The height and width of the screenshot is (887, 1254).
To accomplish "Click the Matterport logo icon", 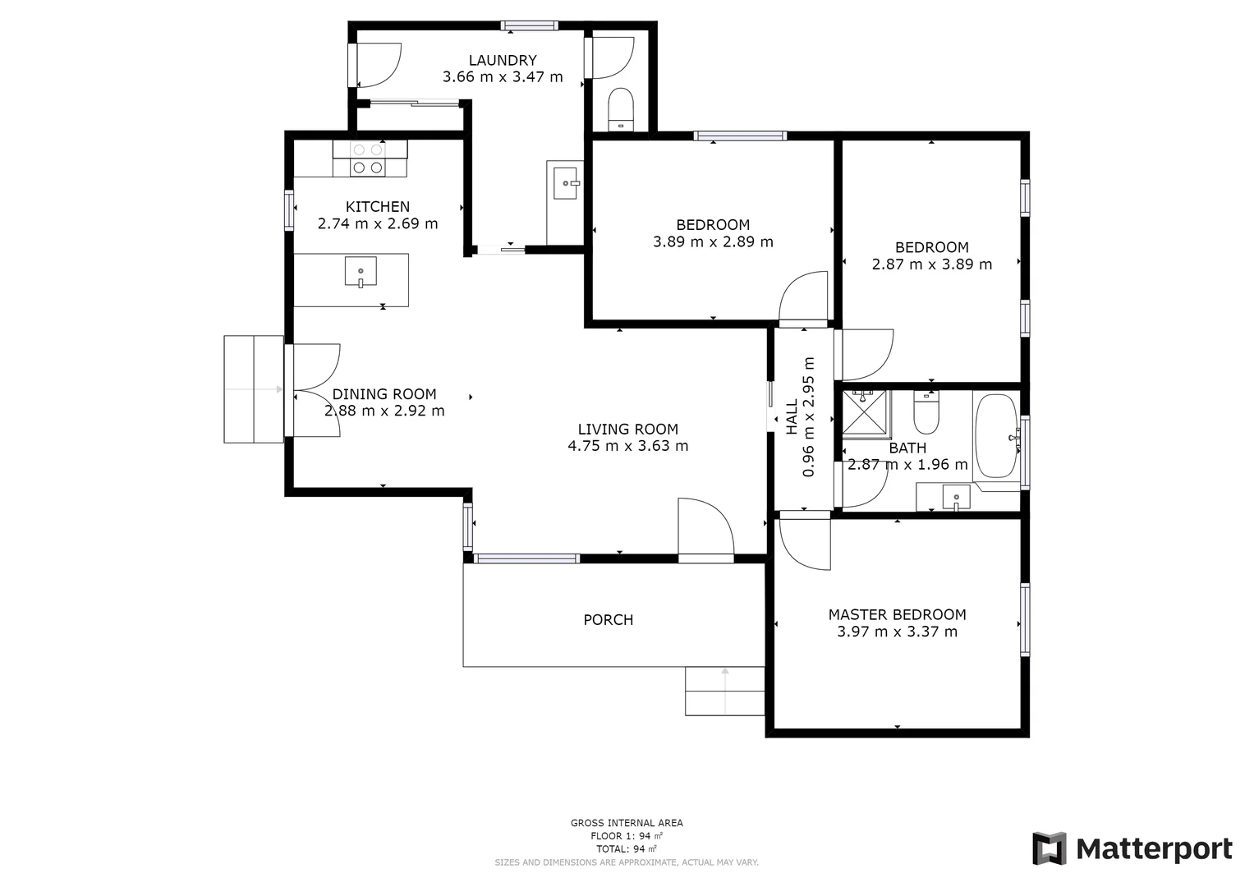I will point(1049,848).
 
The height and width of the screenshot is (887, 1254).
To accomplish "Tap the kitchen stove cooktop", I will point(367,159).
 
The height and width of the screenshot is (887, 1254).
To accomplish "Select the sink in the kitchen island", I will point(361,271).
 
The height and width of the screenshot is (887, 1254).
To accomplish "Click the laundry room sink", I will point(566,183).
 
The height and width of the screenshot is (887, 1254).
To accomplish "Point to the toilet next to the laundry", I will point(620,109).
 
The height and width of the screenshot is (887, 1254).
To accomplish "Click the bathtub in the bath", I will point(996,436).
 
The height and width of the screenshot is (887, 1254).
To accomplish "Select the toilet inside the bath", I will point(926,414).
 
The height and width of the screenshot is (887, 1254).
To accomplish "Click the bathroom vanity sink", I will point(956,497).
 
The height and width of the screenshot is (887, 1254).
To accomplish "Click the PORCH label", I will point(608,620).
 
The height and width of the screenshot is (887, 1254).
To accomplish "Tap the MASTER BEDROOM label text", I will point(897,614).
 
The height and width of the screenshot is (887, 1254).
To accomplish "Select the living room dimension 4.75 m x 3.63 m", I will point(627,446).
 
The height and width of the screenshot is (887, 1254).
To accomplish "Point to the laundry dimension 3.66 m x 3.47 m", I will point(503,77).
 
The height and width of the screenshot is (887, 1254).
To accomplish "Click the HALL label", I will point(792,417).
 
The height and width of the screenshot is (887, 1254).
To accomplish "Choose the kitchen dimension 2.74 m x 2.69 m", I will point(378,223).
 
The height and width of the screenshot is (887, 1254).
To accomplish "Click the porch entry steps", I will point(725,691).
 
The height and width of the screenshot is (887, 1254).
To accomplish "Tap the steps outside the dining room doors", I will point(254,389).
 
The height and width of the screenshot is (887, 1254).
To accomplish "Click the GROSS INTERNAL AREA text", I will point(627,823).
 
